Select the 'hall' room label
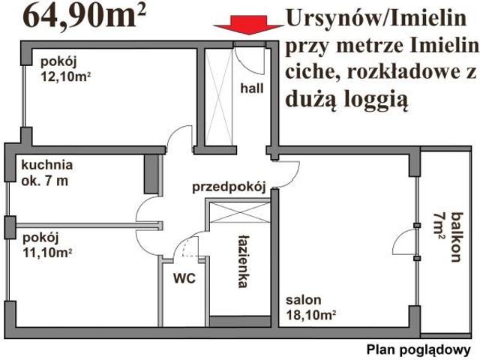[252, 88]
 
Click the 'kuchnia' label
[47, 165]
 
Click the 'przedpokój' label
[229, 187]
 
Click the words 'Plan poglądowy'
[418, 349]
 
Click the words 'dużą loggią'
[346, 100]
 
